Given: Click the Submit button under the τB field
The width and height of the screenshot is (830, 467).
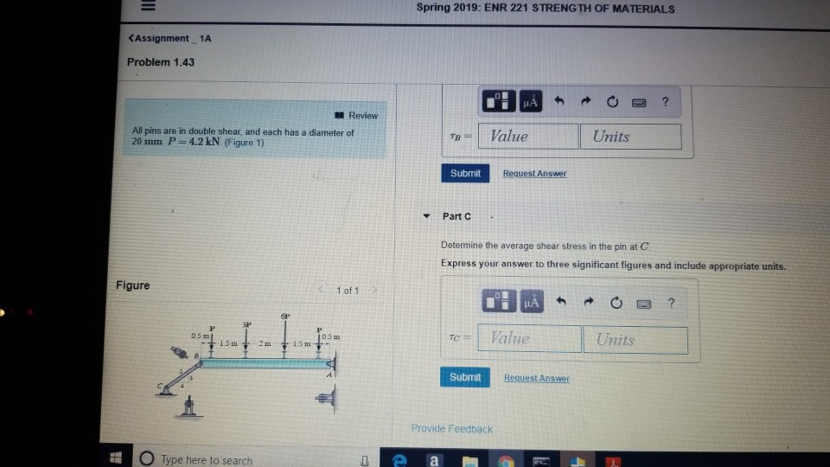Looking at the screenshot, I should pyautogui.click(x=465, y=173).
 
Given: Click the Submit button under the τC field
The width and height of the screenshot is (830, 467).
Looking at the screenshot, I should pyautogui.click(x=466, y=377).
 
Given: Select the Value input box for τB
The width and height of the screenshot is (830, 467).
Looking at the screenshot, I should pyautogui.click(x=531, y=137).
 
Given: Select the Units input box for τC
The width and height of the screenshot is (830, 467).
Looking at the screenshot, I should pyautogui.click(x=635, y=340).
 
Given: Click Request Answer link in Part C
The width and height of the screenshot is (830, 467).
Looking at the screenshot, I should pyautogui.click(x=536, y=378).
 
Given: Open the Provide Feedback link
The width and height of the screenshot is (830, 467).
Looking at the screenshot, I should pyautogui.click(x=451, y=429).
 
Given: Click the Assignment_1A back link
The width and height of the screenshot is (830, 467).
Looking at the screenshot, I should pyautogui.click(x=169, y=38).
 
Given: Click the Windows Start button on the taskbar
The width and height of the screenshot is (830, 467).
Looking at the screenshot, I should pyautogui.click(x=115, y=459).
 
